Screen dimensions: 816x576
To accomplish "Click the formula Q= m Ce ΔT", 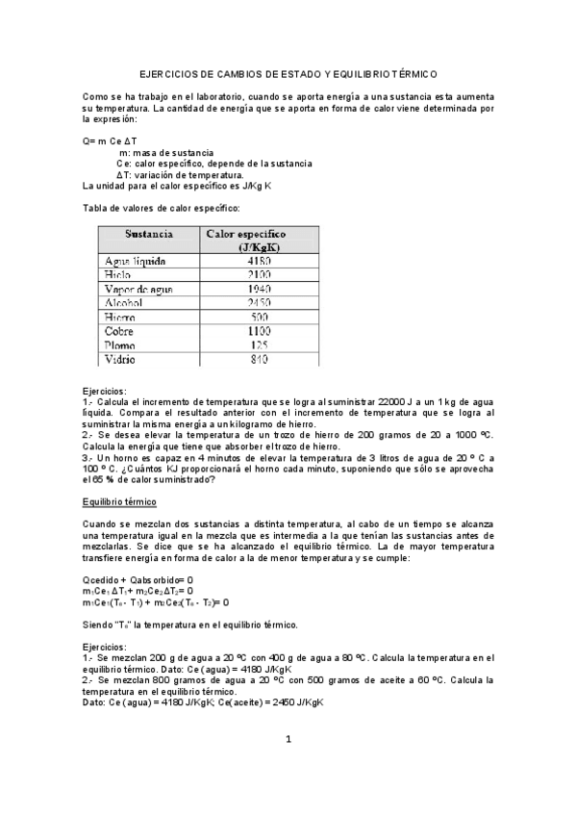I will point(111,141).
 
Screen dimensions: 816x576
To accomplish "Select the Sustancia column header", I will point(148,234).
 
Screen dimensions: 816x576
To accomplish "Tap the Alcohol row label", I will point(126,303).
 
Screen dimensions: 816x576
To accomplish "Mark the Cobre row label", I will point(120,331).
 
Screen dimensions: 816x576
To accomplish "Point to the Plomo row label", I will point(121,345).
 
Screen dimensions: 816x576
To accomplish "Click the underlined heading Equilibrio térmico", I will point(119,502).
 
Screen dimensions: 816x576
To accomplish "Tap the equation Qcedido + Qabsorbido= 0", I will point(138,579).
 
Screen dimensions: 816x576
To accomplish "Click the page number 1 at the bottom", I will point(288,739).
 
